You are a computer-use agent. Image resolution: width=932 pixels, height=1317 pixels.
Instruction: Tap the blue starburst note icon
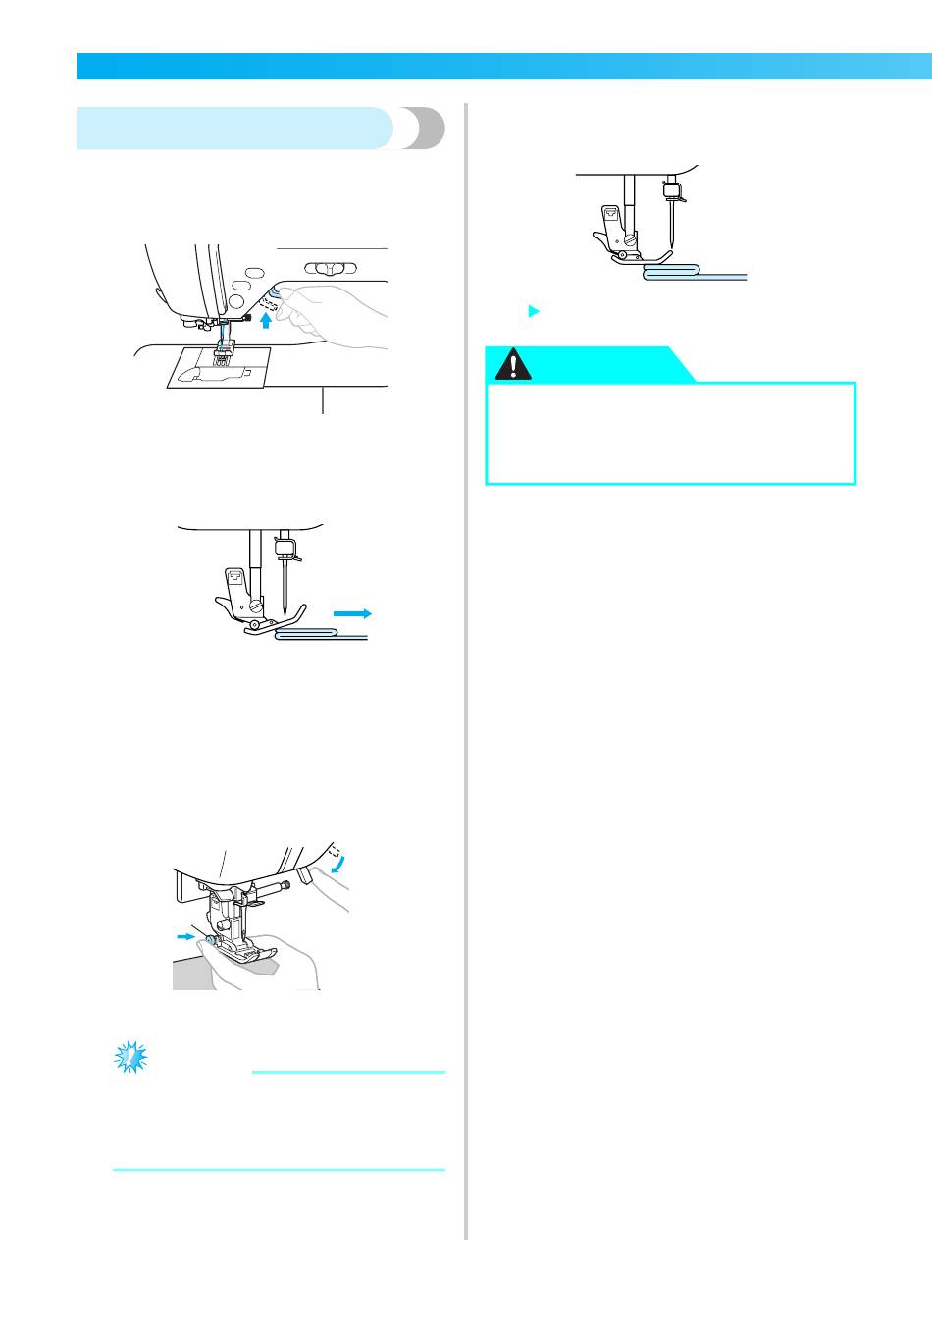coord(129,1057)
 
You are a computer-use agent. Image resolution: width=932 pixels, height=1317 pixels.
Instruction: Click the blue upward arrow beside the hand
coord(265,317)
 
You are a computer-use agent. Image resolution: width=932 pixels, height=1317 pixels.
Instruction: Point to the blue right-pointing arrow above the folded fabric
coord(353,612)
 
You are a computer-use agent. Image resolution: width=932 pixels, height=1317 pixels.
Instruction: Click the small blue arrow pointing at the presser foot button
coord(183,936)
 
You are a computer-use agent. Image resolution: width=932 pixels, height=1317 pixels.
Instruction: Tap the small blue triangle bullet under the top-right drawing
coord(534,311)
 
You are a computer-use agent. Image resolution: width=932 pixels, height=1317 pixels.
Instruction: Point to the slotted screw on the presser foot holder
coord(254,603)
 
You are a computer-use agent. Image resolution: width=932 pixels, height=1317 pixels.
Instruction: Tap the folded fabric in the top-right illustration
coord(671,270)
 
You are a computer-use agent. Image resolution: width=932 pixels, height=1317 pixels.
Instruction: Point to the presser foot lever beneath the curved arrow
coord(305,873)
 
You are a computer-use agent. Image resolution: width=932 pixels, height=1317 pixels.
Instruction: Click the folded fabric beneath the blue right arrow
coord(308,636)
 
